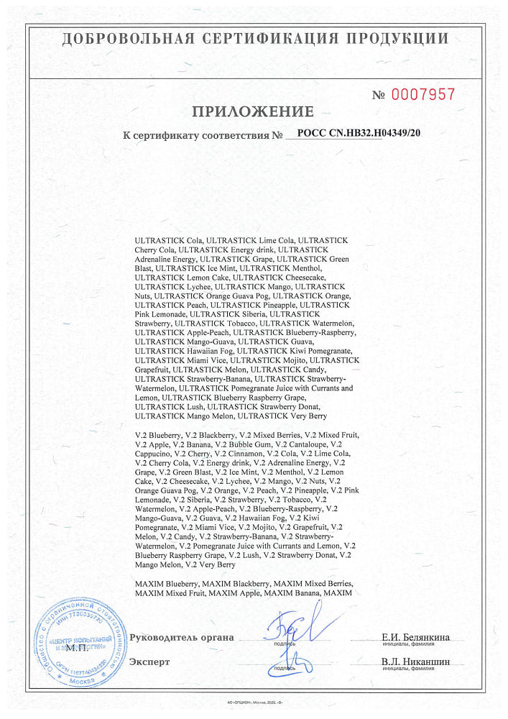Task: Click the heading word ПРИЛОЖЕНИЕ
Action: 253,111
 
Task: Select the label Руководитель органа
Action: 182,637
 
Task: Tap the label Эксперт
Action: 149,661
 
